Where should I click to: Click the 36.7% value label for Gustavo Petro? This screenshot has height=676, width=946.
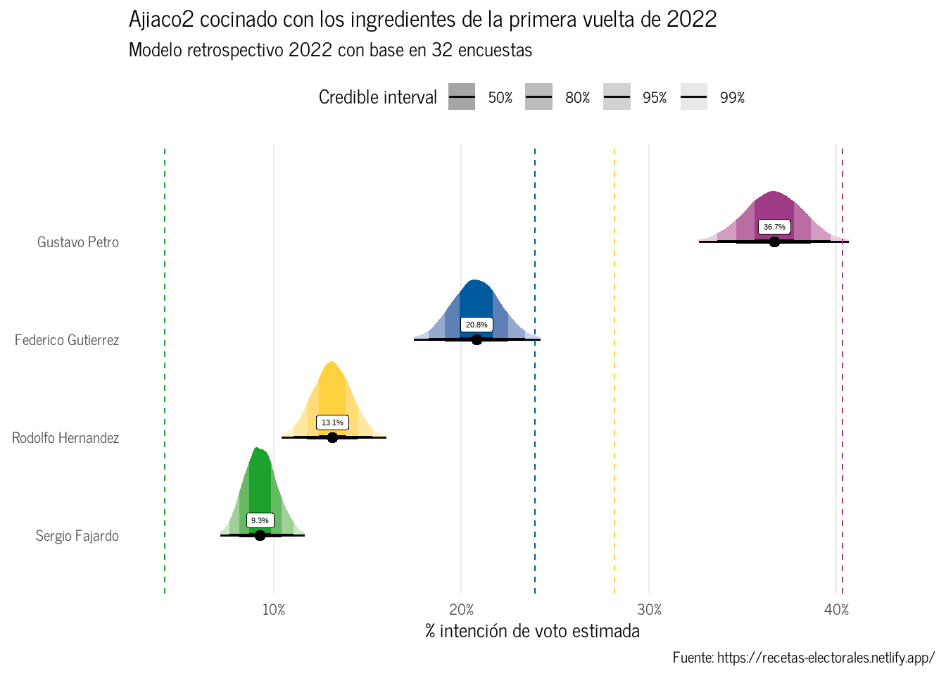click(774, 227)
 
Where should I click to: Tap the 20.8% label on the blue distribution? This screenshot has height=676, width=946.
click(477, 325)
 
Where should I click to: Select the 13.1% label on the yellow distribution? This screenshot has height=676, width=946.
click(332, 423)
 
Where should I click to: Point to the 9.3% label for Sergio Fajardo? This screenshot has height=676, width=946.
click(260, 520)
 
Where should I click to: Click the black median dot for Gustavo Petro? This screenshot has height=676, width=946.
click(774, 242)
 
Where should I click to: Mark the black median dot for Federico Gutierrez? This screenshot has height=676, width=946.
click(477, 339)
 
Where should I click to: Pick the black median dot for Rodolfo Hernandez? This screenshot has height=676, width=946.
click(332, 437)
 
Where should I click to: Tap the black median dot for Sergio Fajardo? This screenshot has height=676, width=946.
click(260, 535)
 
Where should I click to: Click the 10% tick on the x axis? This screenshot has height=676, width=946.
click(274, 610)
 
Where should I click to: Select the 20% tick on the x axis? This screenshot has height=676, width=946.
click(461, 610)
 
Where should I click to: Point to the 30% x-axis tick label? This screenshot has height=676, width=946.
click(649, 610)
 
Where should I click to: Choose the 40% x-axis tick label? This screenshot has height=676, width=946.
click(836, 610)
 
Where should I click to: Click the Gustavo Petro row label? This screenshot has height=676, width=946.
click(78, 242)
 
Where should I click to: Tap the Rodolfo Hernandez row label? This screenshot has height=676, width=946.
click(65, 438)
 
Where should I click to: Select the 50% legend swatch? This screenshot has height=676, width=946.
click(462, 97)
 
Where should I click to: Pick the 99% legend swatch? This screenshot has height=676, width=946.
click(693, 97)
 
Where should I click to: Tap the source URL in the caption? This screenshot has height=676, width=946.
click(826, 658)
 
